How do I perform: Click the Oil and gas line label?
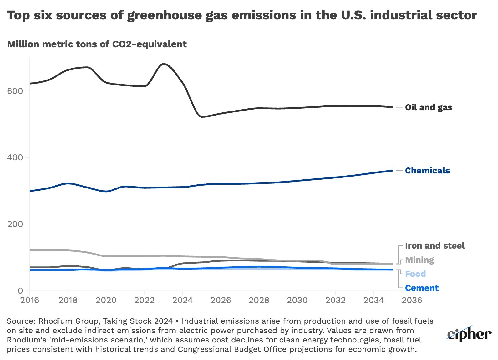click(429, 107)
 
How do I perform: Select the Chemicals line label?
click(427, 171)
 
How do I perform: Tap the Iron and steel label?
click(435, 246)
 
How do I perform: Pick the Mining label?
click(419, 260)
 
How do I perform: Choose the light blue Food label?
click(415, 274)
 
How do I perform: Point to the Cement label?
click(422, 288)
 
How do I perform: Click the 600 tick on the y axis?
click(15, 91)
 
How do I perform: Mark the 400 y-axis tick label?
click(15, 157)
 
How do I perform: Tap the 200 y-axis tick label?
click(15, 224)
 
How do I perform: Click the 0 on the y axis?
click(20, 291)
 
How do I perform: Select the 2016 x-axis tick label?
click(30, 301)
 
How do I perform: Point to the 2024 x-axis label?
click(183, 301)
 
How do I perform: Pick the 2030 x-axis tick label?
click(297, 301)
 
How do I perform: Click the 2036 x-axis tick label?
click(412, 301)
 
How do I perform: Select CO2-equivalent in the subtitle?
click(149, 44)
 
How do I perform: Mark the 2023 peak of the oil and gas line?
click(164, 64)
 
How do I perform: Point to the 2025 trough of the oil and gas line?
click(202, 117)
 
